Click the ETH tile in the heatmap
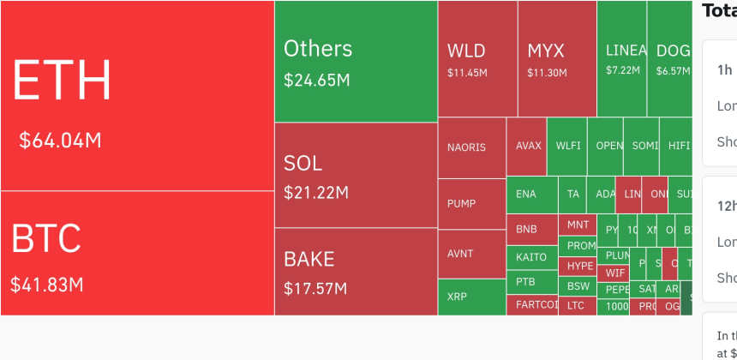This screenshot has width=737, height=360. pyautogui.click(x=137, y=94)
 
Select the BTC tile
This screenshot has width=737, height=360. pyautogui.click(x=137, y=253)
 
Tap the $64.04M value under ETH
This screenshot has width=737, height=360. pyautogui.click(x=60, y=140)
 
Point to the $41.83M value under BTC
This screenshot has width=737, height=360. pyautogui.click(x=47, y=284)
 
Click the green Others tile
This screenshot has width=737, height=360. pyautogui.click(x=356, y=60)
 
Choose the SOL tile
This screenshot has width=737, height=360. pyautogui.click(x=356, y=175)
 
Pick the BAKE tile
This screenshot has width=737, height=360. pyautogui.click(x=356, y=271)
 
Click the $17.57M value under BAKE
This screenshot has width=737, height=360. pyautogui.click(x=315, y=288)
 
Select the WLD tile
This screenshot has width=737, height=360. pyautogui.click(x=477, y=58)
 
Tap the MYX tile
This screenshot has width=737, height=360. pyautogui.click(x=557, y=58)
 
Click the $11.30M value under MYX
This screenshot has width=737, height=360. pyautogui.click(x=547, y=73)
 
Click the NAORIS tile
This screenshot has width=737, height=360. pyautogui.click(x=471, y=147)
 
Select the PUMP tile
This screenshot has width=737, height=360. pyautogui.click(x=471, y=204)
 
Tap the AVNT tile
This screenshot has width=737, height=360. pyautogui.click(x=471, y=254)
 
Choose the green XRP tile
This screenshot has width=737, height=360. pyautogui.click(x=471, y=297)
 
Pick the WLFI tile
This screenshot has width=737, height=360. pyautogui.click(x=567, y=146)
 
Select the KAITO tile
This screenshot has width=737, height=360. pyautogui.click(x=531, y=256)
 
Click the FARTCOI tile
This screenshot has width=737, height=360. pyautogui.click(x=531, y=305)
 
